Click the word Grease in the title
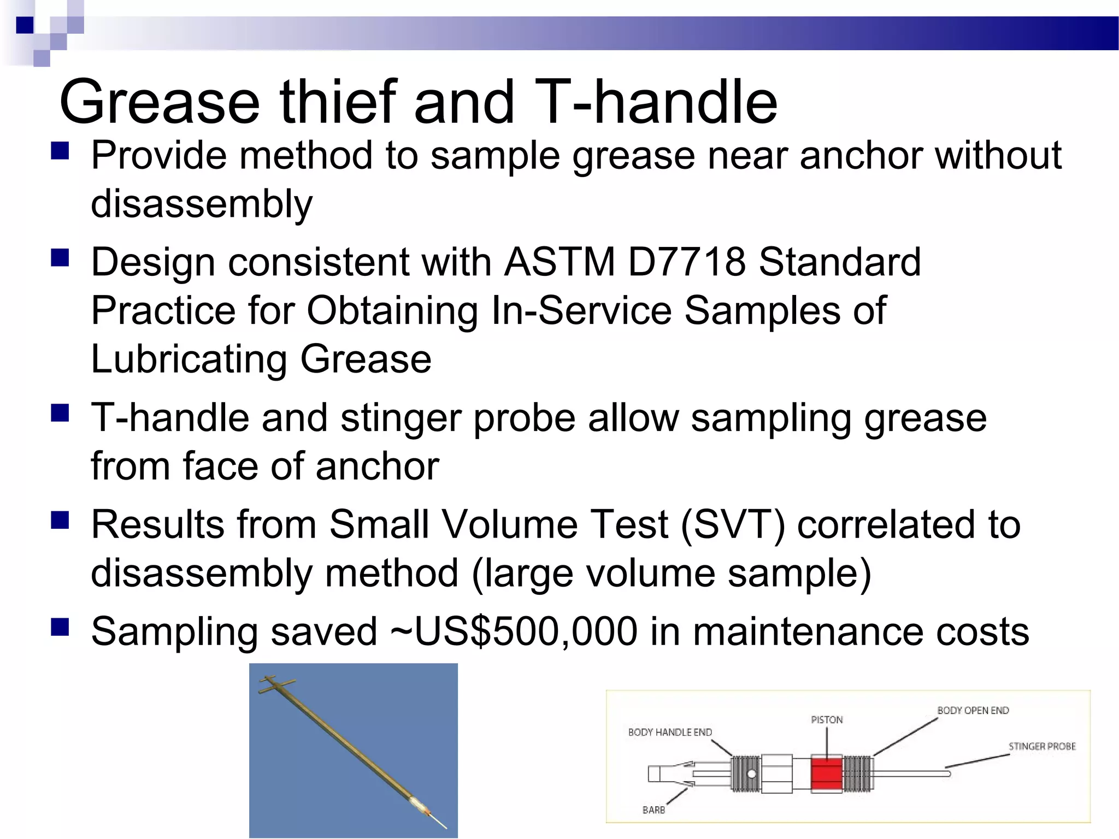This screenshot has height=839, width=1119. click(159, 102)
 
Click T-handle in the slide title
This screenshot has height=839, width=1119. click(655, 102)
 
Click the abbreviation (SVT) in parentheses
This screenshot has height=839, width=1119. click(732, 524)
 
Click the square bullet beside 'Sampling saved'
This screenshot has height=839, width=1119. click(60, 627)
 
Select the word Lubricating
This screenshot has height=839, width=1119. click(189, 359)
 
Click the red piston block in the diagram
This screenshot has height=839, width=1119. click(826, 773)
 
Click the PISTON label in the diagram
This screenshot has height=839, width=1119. click(827, 720)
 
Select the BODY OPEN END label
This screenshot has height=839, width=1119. click(973, 711)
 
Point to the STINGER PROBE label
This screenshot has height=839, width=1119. click(1041, 746)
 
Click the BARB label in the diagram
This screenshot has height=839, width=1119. click(653, 810)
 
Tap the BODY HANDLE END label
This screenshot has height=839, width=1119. click(670, 732)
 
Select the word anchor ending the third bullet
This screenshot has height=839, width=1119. click(377, 466)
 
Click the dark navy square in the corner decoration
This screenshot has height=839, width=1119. click(25, 25)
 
